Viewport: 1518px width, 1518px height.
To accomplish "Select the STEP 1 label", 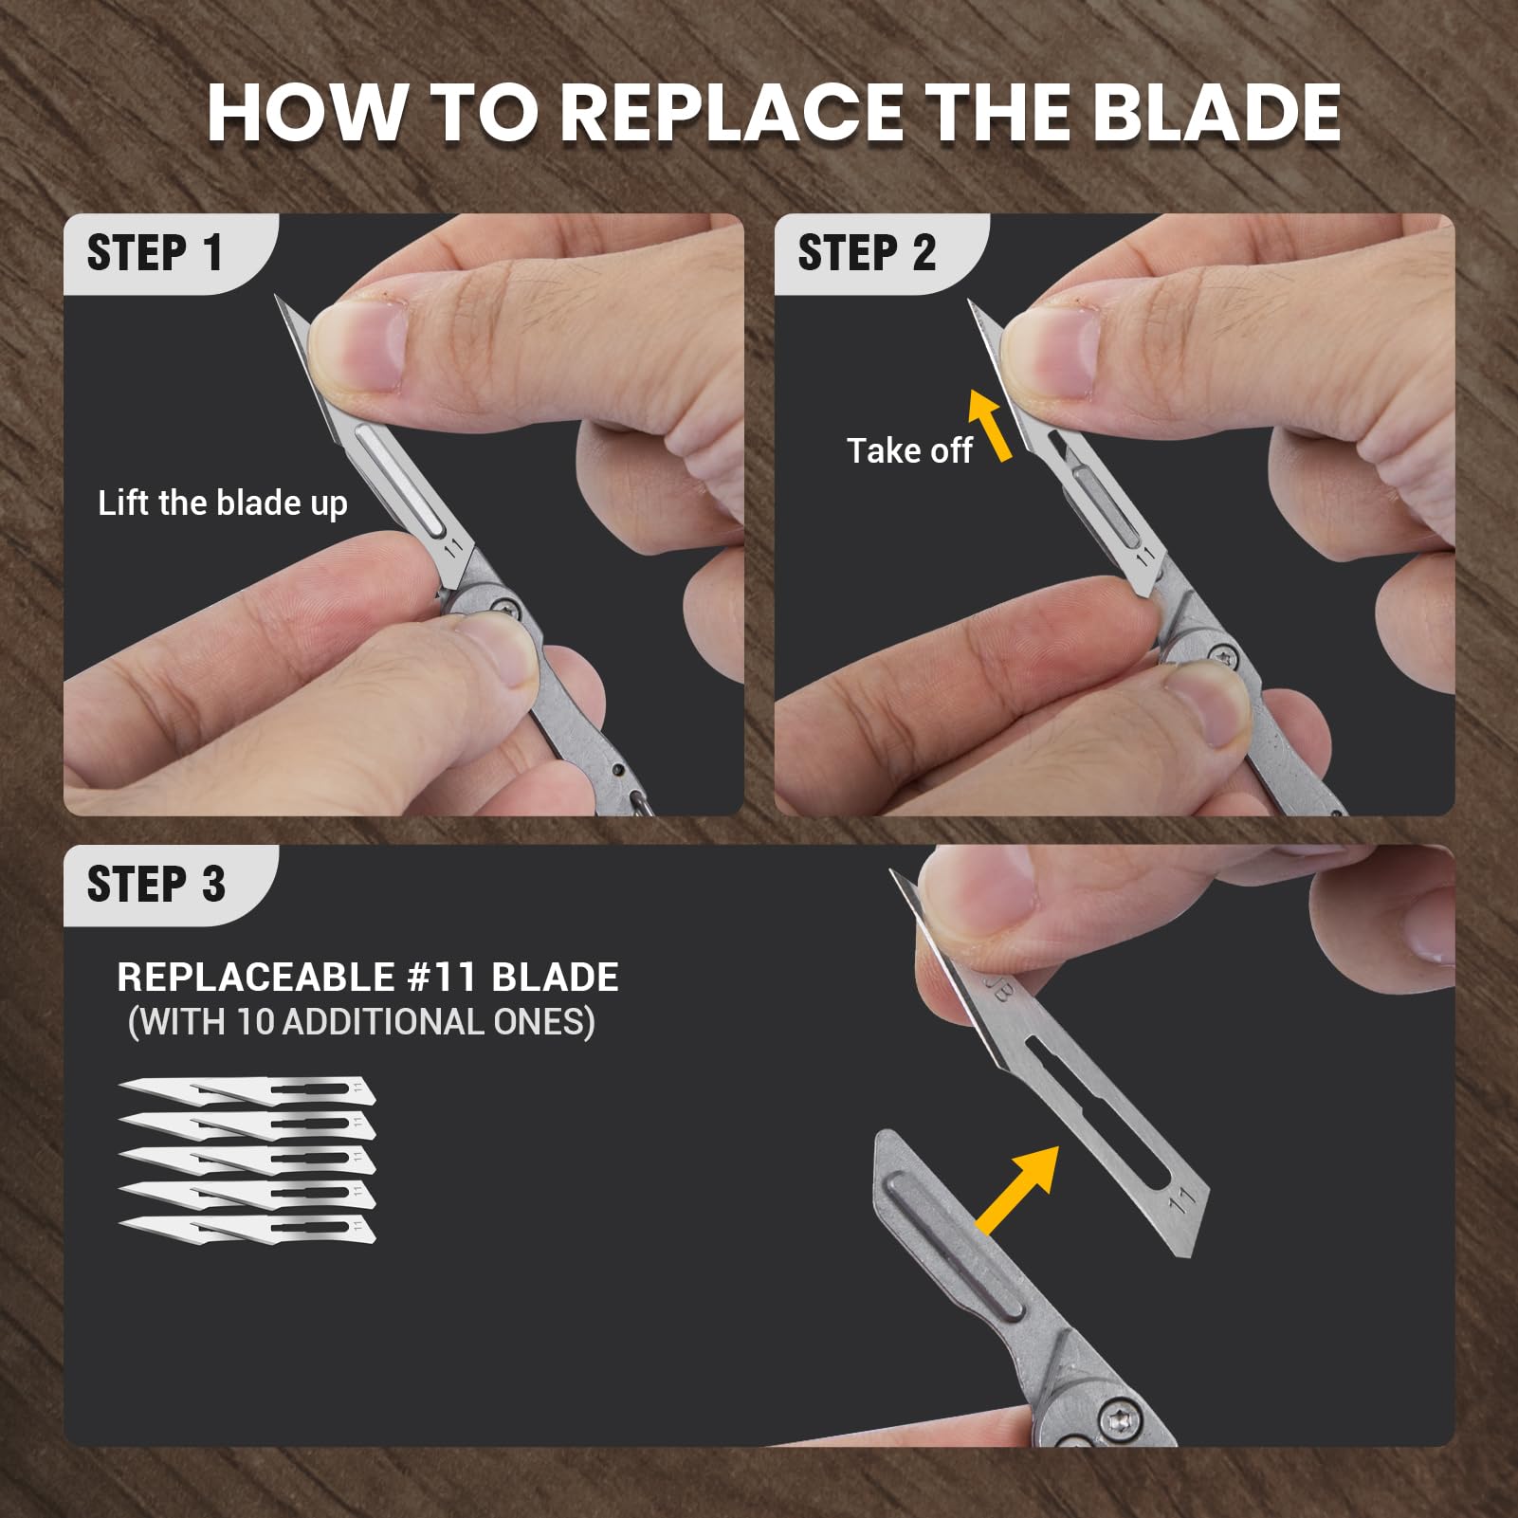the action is pyautogui.click(x=155, y=253).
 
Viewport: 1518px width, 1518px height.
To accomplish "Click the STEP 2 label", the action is pyautogui.click(x=867, y=253).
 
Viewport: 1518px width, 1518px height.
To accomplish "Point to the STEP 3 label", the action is pyautogui.click(x=156, y=884).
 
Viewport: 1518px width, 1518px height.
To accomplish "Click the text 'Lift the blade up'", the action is pyautogui.click(x=223, y=503).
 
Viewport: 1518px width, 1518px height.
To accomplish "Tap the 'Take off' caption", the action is pyautogui.click(x=909, y=450).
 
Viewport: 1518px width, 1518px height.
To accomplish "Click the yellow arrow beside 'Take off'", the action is pyautogui.click(x=990, y=426).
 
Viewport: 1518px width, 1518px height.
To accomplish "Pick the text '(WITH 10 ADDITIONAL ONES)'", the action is pyautogui.click(x=361, y=1022).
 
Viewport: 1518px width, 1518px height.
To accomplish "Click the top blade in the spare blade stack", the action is pyautogui.click(x=247, y=1090).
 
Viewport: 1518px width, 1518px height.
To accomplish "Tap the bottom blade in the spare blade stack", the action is pyautogui.click(x=247, y=1228).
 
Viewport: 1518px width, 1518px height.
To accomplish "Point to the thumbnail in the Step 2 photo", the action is pyautogui.click(x=1051, y=351).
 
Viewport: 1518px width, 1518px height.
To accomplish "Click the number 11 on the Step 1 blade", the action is pyautogui.click(x=453, y=548).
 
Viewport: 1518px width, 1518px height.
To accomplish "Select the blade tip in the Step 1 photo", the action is pyautogui.click(x=277, y=297).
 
